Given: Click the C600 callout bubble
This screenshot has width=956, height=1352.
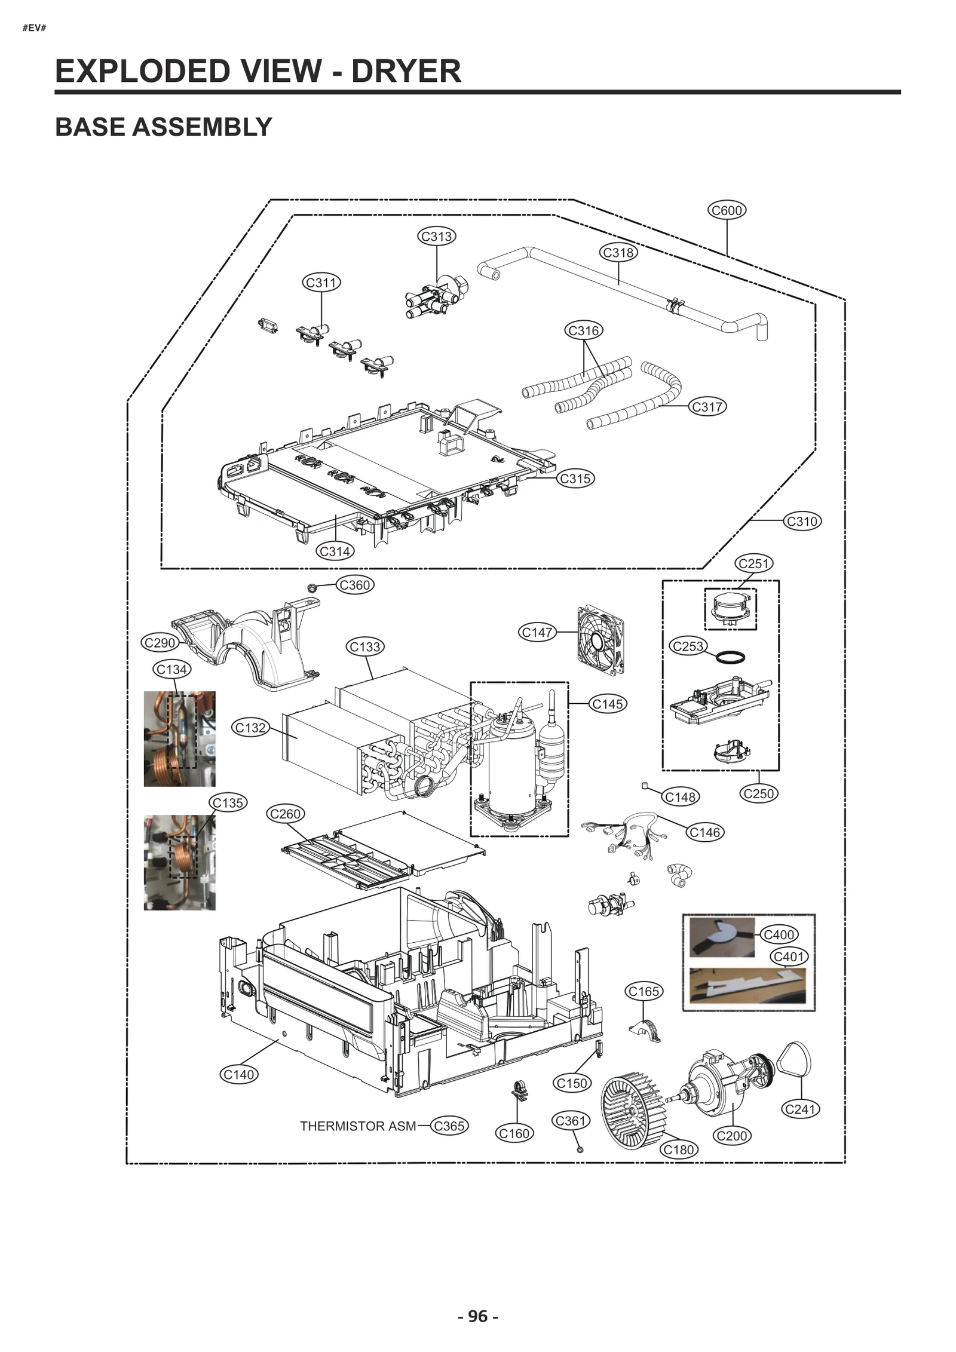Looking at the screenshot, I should point(727,210).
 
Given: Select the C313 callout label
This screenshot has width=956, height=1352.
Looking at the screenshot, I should point(436,236).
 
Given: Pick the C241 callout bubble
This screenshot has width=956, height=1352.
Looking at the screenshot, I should point(800,1109).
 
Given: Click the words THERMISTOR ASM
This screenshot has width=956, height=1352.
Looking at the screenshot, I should point(357,1126).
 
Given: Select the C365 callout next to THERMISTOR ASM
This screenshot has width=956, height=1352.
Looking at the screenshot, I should point(449,1126).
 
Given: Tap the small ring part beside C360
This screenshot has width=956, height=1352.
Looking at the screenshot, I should point(311,588).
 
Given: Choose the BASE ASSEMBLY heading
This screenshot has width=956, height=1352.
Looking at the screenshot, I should point(163,127).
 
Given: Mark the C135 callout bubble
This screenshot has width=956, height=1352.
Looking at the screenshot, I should point(228,802).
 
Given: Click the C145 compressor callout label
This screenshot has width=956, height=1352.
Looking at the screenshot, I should point(608,704).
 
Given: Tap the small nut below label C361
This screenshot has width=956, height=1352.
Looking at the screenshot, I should point(580,1149).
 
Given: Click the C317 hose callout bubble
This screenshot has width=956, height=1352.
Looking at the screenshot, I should point(707,407).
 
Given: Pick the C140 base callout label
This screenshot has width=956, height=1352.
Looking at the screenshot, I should point(238,1074).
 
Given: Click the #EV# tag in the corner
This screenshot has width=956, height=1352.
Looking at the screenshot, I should point(34,28).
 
